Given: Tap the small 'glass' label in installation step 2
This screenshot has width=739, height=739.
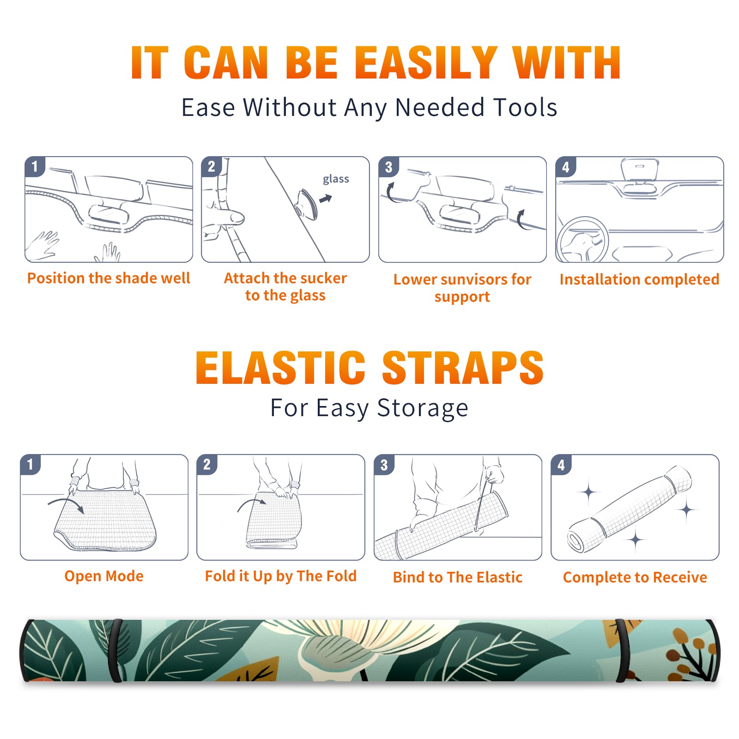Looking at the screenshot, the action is coord(336,179).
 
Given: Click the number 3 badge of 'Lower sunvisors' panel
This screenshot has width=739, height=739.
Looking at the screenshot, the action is coord(388,167).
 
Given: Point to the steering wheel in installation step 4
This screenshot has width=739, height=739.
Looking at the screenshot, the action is coord(582,239).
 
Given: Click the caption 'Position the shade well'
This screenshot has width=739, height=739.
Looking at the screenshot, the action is coord(109,278).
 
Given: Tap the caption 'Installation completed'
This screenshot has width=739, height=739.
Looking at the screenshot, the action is coord(639,279).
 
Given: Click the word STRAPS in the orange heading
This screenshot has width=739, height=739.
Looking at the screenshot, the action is coord(463,368).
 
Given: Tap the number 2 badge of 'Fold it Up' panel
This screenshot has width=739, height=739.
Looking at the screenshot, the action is coord(206,464).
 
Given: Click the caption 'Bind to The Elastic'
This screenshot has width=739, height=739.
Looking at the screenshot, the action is coord(458,577).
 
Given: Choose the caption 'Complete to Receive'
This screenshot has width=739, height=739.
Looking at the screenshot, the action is coord(635,577).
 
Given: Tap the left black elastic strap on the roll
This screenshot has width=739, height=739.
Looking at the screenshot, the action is coord(115,650).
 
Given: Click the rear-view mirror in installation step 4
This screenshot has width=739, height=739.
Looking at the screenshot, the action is coord(639,170).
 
